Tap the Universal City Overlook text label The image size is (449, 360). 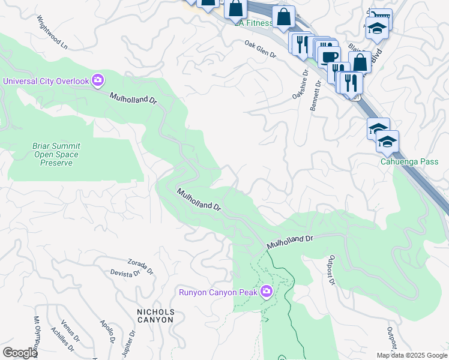click(46, 81)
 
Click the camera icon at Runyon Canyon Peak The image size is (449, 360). click(266, 292)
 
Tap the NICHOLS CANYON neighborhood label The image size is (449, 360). click(155, 316)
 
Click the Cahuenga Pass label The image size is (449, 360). click(409, 161)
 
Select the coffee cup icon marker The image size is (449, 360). click(328, 57)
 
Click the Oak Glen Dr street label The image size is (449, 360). click(260, 49)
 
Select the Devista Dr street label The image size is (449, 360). click(125, 273)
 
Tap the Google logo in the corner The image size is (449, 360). click(20, 353)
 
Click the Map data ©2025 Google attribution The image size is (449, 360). click(412, 355)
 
